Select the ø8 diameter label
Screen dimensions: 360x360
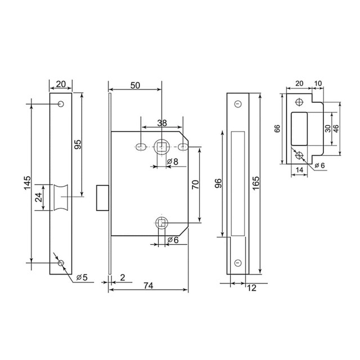coord(173,162)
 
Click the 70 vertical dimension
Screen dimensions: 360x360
coord(195,186)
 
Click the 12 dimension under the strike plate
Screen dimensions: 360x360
coord(251,288)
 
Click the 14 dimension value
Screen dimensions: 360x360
coord(299,169)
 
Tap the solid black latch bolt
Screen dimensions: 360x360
coord(102,197)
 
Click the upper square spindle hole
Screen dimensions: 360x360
coord(161,147)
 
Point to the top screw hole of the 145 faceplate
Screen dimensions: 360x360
coord(60,105)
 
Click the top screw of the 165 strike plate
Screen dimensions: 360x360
coord(237,105)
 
